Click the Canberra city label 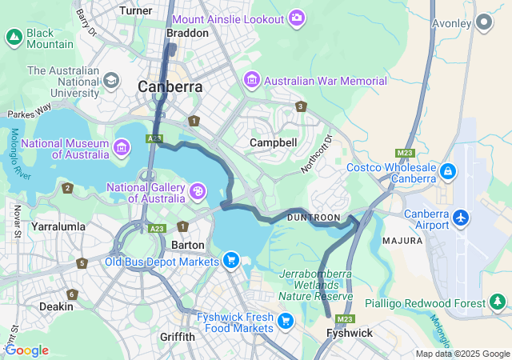click(x=170, y=86)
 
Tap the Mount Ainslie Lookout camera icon click(x=298, y=18)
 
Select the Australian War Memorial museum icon click(x=252, y=80)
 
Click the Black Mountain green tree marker click(x=14, y=37)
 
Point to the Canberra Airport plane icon click(x=461, y=217)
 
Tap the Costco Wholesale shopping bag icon click(x=448, y=171)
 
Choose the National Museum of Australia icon click(x=122, y=147)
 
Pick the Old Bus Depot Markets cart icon click(x=231, y=260)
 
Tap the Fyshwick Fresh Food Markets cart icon click(x=286, y=321)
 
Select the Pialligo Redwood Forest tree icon click(x=498, y=302)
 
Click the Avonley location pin click(x=484, y=23)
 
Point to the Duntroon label click(x=314, y=218)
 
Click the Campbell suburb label click(x=273, y=142)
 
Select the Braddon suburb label click(x=186, y=33)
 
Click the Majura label click(x=402, y=240)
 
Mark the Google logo click(x=26, y=350)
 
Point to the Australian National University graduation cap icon click(x=110, y=80)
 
